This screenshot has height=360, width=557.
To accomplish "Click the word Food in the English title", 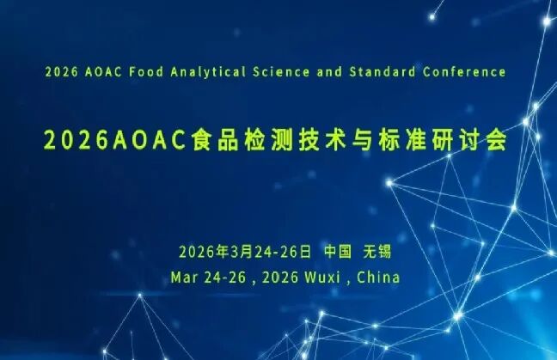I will click(x=144, y=71).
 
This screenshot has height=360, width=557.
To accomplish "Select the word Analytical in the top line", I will click(x=204, y=71).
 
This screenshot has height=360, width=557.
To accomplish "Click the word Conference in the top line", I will click(x=463, y=71).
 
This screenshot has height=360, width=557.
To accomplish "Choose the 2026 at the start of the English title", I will click(x=59, y=71).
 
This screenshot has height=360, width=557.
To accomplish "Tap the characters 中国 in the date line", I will click(x=338, y=252).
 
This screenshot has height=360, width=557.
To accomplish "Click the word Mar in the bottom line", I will click(x=185, y=278).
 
